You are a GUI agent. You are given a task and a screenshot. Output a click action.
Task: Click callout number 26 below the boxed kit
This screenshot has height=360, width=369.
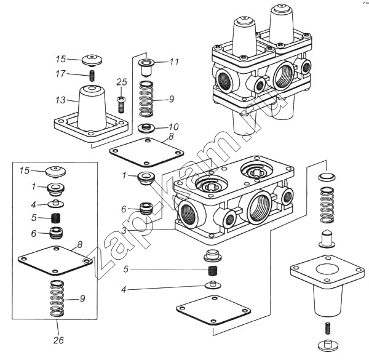click(58, 340)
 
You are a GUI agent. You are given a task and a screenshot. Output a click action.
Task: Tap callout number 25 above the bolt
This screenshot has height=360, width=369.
click(122, 82)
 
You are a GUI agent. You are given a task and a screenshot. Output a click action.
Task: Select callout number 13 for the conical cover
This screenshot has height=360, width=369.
click(60, 100)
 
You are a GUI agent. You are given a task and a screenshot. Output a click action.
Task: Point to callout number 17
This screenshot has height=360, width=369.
click(60, 74)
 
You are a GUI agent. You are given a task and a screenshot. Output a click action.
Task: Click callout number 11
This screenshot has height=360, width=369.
click(175, 62)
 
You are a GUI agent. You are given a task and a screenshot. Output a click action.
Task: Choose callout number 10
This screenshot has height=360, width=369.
click(173, 127)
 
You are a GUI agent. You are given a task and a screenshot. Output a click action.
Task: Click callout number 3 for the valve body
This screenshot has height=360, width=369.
click(124, 230)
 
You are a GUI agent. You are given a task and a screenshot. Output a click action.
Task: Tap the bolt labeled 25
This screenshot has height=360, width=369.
click(121, 105)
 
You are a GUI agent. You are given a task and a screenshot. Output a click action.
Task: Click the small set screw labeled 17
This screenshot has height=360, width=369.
click(92, 75)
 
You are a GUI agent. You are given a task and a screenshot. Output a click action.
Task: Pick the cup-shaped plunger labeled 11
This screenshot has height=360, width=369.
click(146, 67)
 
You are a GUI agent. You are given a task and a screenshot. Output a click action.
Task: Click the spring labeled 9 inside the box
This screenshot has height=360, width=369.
click(57, 298)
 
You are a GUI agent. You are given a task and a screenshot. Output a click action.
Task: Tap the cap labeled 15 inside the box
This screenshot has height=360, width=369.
click(55, 172)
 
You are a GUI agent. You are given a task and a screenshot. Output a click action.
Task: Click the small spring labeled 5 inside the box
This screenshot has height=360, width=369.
click(56, 218)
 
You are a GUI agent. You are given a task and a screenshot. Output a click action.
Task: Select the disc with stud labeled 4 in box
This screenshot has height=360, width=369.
click(56, 204)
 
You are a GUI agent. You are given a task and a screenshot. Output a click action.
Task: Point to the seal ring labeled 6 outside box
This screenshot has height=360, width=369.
click(146, 209)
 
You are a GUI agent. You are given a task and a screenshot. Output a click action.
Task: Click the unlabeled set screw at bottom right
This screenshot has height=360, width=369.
click(328, 328)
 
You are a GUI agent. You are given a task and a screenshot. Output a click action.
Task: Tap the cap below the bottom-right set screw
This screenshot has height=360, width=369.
click(328, 345)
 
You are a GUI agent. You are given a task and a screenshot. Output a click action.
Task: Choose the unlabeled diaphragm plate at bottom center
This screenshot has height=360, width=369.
click(213, 310)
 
